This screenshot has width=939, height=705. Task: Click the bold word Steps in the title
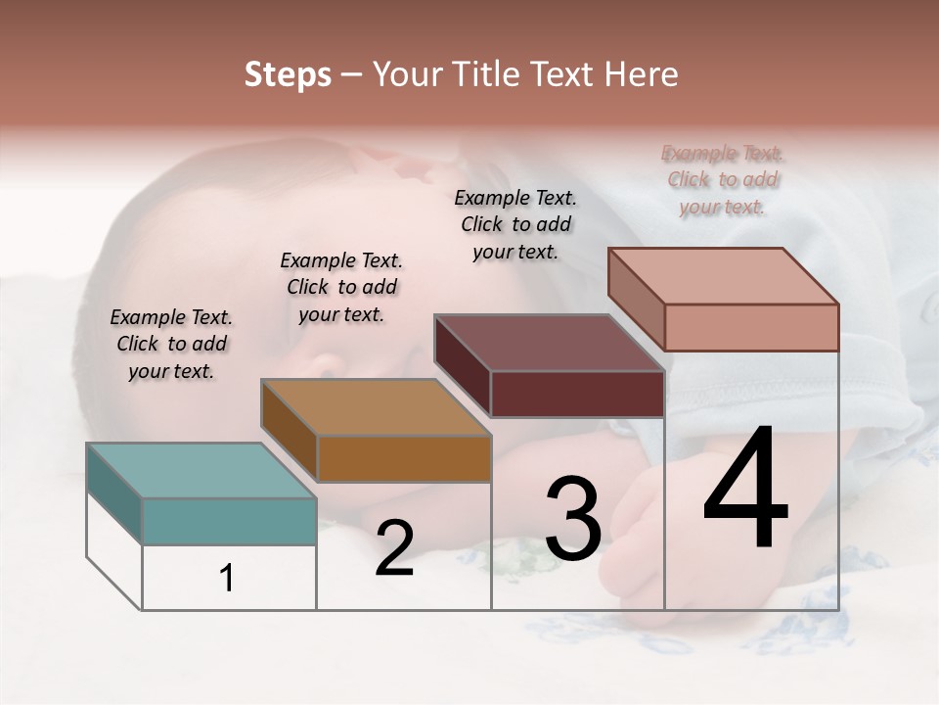click(288, 74)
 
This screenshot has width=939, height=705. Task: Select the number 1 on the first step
click(227, 578)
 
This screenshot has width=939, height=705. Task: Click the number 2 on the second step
click(394, 548)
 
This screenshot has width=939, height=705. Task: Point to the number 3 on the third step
click(573, 519)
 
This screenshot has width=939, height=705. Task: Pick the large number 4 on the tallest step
click(745, 490)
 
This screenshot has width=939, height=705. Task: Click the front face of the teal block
click(229, 521)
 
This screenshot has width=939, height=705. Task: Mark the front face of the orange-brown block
click(404, 458)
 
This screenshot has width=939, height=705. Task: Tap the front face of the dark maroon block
click(577, 394)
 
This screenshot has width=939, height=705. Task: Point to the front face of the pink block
click(751, 327)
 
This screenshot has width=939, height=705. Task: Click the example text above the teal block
click(171, 344)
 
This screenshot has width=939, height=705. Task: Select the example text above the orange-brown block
click(341, 287)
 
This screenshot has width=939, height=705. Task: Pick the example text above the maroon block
click(515, 224)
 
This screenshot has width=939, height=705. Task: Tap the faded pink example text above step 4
click(723, 179)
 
